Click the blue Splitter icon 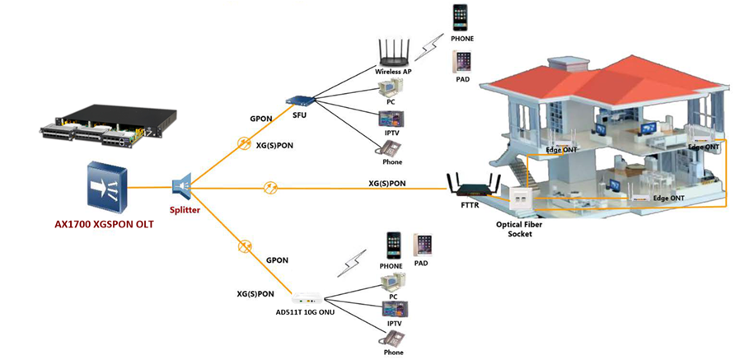pos(183,188)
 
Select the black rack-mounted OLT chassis pos(108,132)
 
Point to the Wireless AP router pos(394,55)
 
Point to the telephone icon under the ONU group pos(393,338)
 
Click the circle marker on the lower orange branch pos(242,245)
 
